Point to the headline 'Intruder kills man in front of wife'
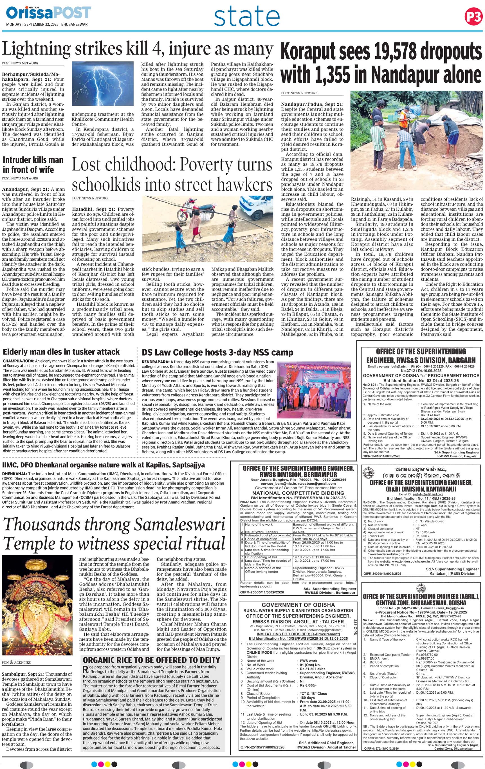(33, 165)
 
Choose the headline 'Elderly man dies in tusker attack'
(61, 352)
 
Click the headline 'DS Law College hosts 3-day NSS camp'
(217, 352)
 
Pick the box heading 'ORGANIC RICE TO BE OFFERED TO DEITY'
(151, 660)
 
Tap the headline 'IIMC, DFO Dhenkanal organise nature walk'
(104, 465)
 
